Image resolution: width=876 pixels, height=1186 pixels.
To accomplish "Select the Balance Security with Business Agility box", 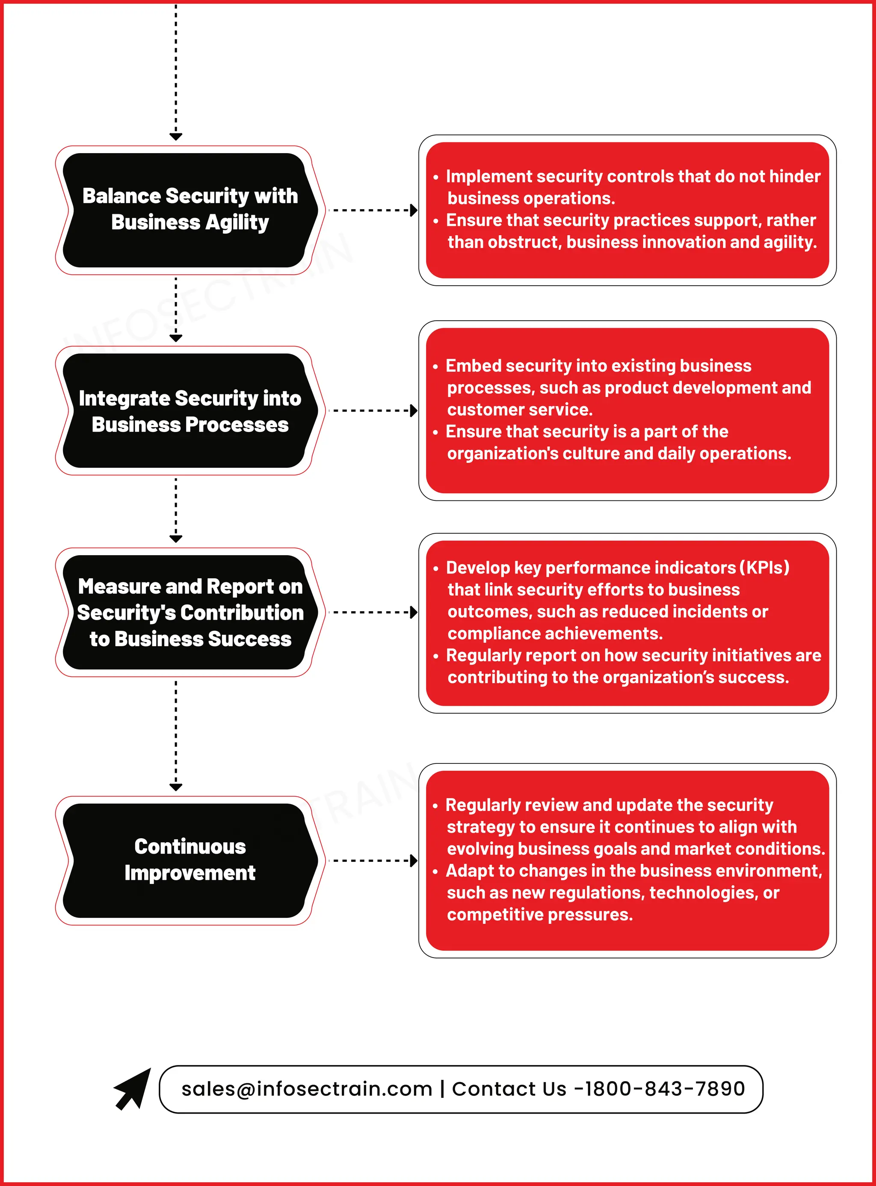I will [x=189, y=210].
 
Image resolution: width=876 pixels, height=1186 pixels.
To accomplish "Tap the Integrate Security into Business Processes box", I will [x=189, y=411].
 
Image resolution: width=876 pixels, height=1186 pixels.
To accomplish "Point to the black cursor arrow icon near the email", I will [x=133, y=1088].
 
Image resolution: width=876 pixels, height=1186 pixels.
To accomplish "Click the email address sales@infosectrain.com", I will [x=307, y=1089].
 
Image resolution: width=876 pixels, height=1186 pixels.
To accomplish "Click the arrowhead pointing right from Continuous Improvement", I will [x=414, y=861].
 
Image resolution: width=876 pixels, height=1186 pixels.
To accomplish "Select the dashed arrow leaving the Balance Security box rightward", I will [x=371, y=210].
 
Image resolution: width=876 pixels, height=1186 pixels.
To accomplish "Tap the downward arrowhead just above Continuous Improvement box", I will [x=176, y=787].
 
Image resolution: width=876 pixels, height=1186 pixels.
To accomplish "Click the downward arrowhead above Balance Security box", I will [x=176, y=136].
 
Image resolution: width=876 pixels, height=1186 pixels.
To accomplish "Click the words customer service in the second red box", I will [x=519, y=410].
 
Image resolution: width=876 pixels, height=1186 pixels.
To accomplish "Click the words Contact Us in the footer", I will [x=509, y=1089].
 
